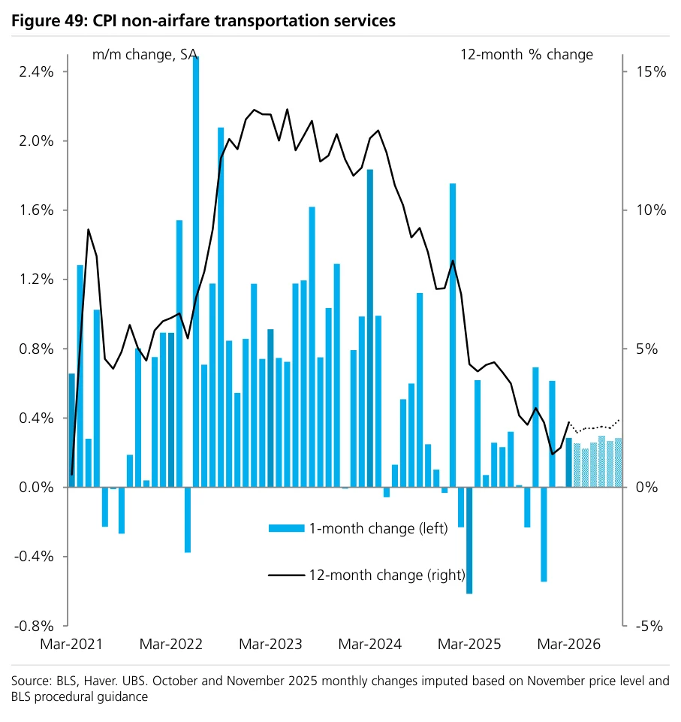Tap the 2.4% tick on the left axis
tap(36, 72)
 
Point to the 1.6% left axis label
tap(36, 210)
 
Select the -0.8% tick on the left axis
tap(34, 627)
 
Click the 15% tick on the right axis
tap(651, 72)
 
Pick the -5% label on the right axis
tap(649, 627)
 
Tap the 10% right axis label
tap(651, 210)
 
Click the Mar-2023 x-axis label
tap(270, 644)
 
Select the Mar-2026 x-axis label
tap(568, 644)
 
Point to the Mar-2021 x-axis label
tap(71, 644)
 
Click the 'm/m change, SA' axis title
tap(145, 55)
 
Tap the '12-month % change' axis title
tap(527, 55)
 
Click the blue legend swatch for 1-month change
tap(287, 529)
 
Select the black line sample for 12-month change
tap(287, 575)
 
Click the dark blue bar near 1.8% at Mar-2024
tap(370, 328)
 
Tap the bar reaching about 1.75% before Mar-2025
tap(453, 335)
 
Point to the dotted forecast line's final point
tap(619, 420)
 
